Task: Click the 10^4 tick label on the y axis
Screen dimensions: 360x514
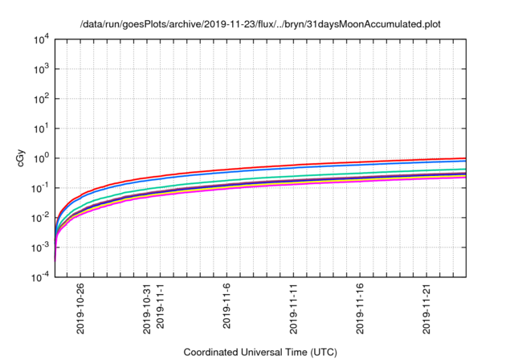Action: point(42,39)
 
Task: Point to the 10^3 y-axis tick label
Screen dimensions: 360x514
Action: point(42,68)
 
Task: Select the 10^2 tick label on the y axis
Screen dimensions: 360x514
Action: point(42,98)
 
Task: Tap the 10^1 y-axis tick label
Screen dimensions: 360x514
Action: point(42,128)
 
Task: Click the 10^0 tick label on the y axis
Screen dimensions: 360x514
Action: point(42,157)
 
